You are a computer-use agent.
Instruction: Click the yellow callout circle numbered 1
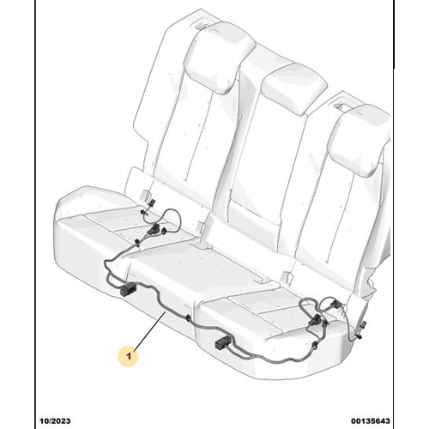128,356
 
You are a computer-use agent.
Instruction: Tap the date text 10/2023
55,420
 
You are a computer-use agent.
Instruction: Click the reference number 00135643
371,420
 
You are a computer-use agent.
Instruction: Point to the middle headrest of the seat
293,88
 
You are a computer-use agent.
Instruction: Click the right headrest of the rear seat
361,139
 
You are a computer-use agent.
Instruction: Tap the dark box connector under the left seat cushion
127,290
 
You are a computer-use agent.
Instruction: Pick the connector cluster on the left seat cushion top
154,230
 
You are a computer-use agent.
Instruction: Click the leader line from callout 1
149,330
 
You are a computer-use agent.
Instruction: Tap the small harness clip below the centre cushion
188,318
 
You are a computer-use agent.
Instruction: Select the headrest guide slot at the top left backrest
200,26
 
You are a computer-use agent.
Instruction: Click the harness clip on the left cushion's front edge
137,243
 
